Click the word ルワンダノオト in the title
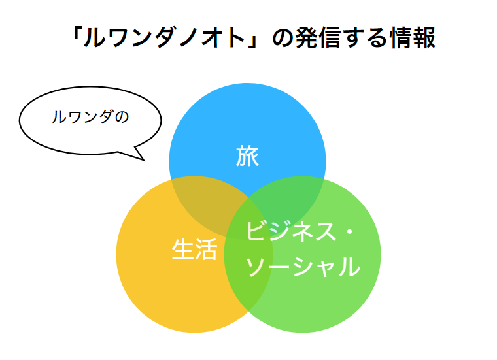click(165, 38)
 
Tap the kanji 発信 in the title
click(318, 38)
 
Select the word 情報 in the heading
click(413, 38)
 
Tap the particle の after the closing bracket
click(283, 39)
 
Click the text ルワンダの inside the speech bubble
click(90, 117)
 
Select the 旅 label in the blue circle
click(248, 155)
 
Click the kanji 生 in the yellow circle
click(183, 250)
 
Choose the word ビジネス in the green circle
click(291, 231)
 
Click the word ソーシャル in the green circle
click(303, 267)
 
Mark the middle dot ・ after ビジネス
click(349, 232)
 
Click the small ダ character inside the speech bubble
click(105, 117)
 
